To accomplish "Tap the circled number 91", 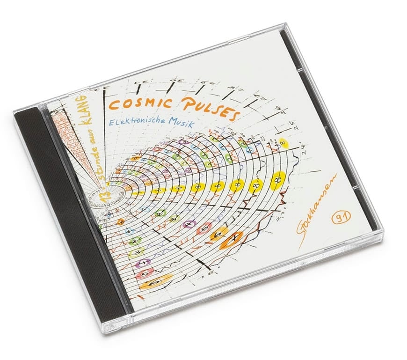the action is (338, 217).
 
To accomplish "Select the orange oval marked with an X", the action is (232, 238).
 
